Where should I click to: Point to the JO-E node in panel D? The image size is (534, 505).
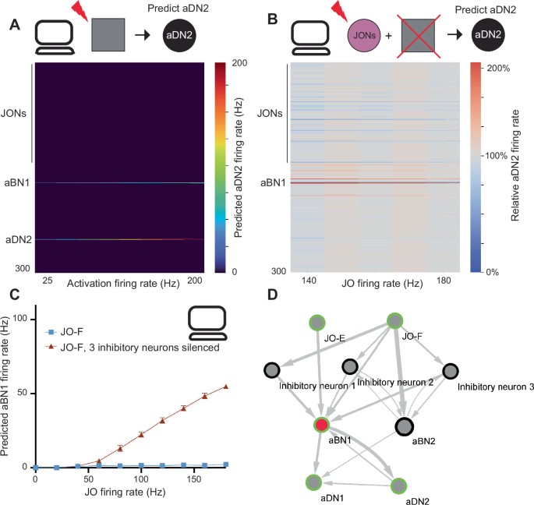pyautogui.click(x=316, y=321)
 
